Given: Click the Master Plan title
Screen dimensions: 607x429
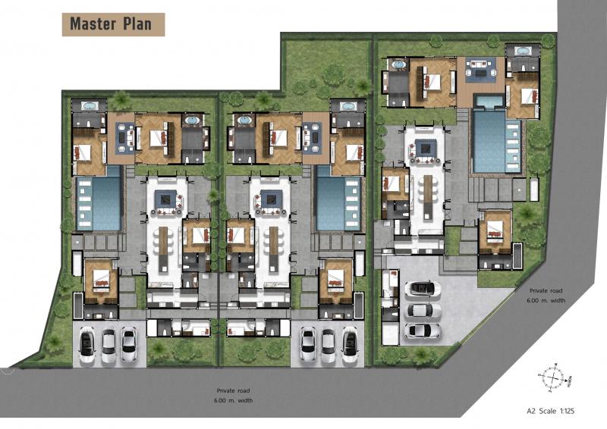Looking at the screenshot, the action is point(111,24).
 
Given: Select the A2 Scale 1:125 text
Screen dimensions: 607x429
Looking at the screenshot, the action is point(551,411).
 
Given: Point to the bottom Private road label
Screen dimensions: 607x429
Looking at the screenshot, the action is point(233,396).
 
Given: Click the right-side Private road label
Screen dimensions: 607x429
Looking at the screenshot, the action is point(546,295).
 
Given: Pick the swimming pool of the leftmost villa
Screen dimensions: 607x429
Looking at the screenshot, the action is point(99,203).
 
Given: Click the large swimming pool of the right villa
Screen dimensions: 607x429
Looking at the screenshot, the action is point(497,141).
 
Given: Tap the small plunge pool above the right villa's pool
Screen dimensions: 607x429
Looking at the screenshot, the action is point(489,102).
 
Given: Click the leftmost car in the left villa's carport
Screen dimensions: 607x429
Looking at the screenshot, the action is point(87,345).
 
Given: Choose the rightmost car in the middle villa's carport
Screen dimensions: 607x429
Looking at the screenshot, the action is point(350,345).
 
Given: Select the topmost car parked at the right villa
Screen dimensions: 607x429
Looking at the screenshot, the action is point(423,288).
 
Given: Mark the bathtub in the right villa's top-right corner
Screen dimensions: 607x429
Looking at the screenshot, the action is point(523,51).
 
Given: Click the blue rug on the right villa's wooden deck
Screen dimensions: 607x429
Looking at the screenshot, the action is point(481,70).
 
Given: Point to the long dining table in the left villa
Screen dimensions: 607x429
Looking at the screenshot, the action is point(163,249).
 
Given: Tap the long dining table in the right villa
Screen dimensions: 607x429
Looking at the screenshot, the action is point(427,197).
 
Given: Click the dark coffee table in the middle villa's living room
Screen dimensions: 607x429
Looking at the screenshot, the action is point(269,199).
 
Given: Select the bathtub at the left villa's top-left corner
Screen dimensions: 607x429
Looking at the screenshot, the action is point(90,105).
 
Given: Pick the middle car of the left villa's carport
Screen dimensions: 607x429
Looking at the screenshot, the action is point(109,346).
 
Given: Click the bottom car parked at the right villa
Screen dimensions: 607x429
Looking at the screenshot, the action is point(423,330).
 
